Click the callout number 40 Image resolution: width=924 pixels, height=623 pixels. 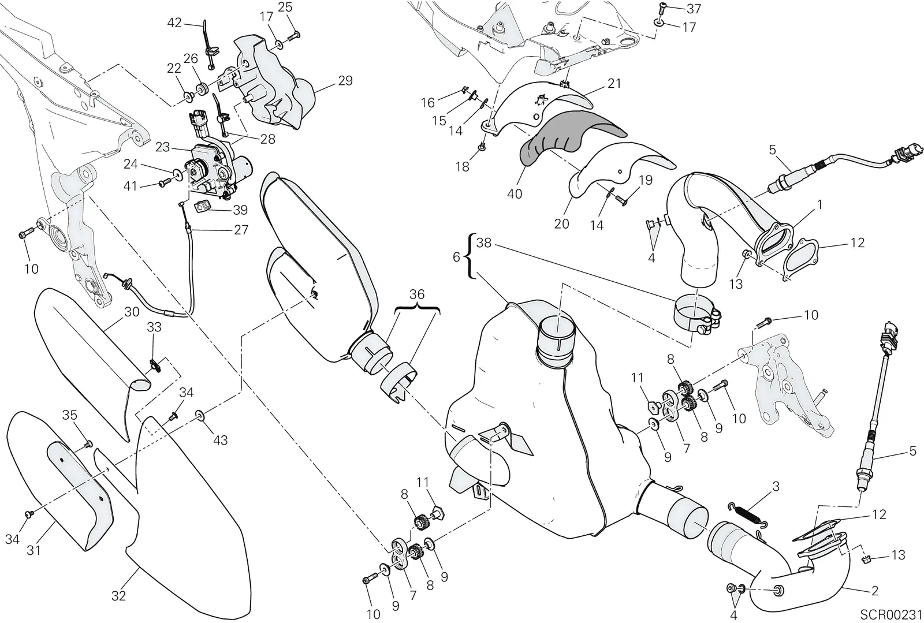[x=515, y=193]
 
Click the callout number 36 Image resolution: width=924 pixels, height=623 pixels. [x=417, y=294]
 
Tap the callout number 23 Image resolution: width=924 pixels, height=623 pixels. [x=163, y=147]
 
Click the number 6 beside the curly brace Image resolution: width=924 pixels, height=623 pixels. [x=456, y=258]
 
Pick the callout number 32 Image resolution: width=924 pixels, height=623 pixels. [x=119, y=595]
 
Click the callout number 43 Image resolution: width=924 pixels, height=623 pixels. [x=220, y=441]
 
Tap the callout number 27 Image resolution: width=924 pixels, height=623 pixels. [x=241, y=230]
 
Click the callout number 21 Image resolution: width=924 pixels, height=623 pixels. [x=614, y=83]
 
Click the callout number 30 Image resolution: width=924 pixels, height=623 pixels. [x=132, y=312]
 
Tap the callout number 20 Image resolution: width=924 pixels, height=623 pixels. [x=562, y=224]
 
